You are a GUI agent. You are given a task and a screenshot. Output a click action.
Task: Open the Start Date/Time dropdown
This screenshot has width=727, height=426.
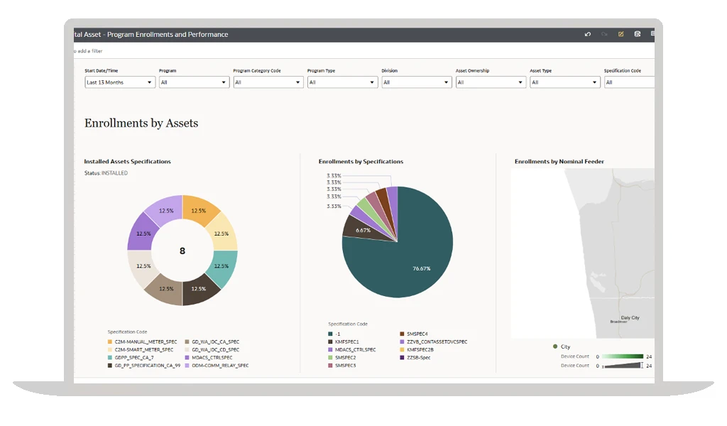point(119,82)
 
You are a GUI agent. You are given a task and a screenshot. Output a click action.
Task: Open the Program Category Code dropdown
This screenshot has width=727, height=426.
point(268,82)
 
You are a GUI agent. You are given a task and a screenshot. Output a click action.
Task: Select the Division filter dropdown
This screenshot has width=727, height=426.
point(416,82)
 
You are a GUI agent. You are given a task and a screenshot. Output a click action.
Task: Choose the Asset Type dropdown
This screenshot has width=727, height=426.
point(564,82)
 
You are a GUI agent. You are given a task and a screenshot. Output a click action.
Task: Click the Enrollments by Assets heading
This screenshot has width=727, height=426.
point(141,124)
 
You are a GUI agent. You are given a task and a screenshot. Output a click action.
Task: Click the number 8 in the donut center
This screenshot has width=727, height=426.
point(182,251)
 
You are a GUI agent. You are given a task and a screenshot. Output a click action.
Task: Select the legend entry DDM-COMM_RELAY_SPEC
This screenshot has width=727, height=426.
point(219,366)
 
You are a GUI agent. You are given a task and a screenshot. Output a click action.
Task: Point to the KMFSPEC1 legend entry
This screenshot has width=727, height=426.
point(347,342)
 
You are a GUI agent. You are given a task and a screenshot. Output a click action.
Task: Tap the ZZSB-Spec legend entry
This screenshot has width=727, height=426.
point(418,358)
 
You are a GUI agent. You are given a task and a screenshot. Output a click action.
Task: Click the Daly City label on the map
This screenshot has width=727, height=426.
point(630,318)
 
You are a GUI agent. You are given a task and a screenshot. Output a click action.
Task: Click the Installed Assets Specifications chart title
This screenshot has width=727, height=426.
point(128,162)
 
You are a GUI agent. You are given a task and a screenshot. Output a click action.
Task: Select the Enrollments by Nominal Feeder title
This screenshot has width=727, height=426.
point(559,162)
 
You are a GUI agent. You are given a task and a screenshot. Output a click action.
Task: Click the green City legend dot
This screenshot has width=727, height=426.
point(555,346)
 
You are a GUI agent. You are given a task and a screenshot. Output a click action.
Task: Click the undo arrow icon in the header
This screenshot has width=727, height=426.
point(588,34)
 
